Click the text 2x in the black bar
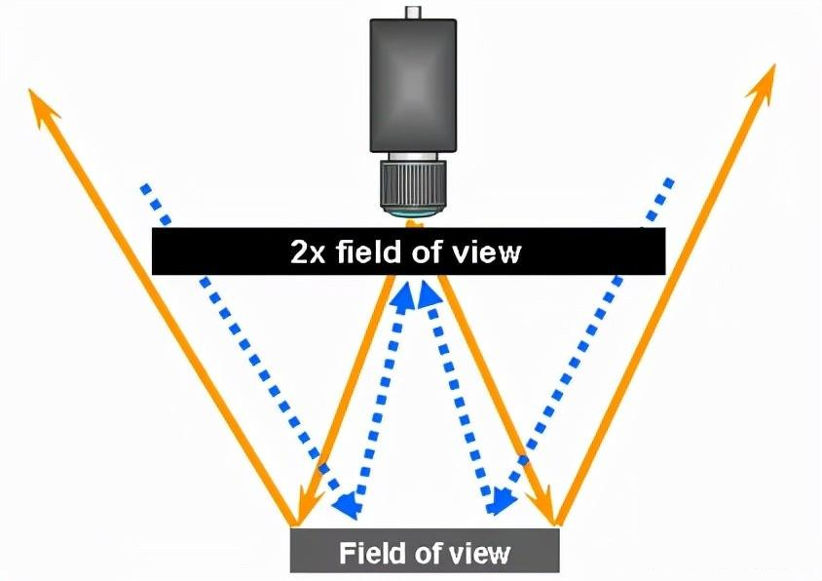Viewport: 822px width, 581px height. tap(309, 252)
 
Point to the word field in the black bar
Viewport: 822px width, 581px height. tap(375, 252)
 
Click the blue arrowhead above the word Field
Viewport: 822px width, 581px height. tap(345, 503)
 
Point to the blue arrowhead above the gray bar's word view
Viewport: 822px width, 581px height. tap(501, 502)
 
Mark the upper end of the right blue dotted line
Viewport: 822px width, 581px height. tap(669, 181)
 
